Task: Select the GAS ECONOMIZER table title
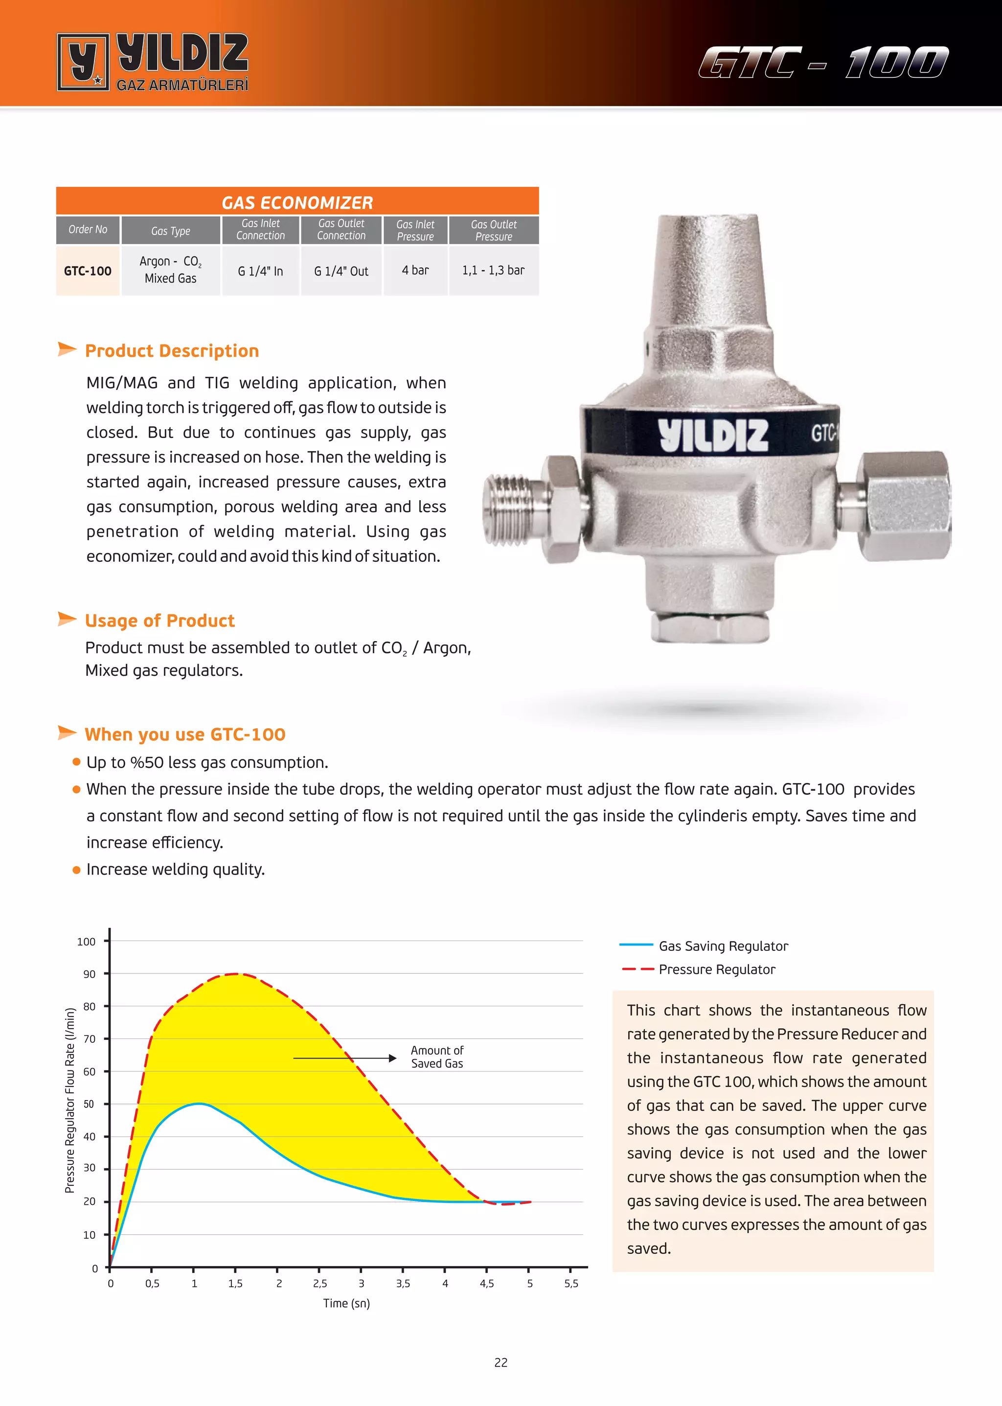tap(297, 203)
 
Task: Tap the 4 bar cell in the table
tap(415, 270)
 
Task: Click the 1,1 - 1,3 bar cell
tap(493, 270)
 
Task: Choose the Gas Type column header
tap(170, 231)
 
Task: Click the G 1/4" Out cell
tap(341, 271)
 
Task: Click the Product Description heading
tap(172, 350)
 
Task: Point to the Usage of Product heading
tap(160, 621)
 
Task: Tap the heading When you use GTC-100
tap(185, 735)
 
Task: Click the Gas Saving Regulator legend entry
tap(723, 946)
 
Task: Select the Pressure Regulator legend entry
tap(717, 969)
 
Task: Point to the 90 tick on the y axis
tap(90, 974)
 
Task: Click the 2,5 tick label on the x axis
tap(319, 1284)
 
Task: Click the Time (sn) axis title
tap(346, 1304)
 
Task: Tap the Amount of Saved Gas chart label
tap(437, 1057)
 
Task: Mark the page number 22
tap(501, 1363)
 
